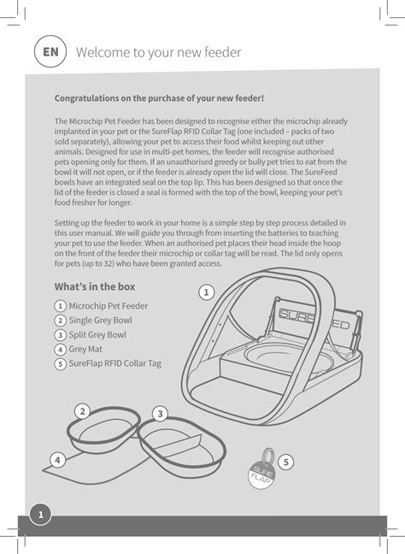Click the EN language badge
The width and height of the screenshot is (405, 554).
51,51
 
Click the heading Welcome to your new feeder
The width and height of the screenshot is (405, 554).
158,52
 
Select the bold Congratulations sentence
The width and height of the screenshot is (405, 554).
159,98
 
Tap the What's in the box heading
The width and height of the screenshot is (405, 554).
95,286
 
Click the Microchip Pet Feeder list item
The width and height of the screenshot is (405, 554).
108,305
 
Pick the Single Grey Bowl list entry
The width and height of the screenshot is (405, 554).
100,320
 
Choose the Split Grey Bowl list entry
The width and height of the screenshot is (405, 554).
97,334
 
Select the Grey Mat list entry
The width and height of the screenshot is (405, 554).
86,349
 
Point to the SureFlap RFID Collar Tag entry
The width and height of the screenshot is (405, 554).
114,363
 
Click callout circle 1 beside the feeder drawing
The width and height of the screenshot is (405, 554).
205,292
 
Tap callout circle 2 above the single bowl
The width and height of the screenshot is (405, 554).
82,411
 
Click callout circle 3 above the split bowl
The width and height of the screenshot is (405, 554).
160,414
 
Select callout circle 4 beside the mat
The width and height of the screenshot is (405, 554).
57,459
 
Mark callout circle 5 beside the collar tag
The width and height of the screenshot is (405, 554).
285,462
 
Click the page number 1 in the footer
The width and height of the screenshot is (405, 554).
40,513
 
